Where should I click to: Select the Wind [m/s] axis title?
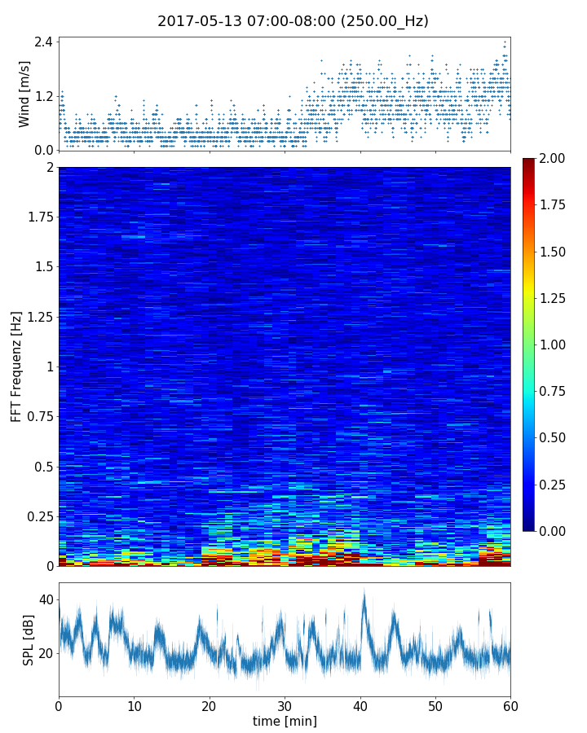coord(24,94)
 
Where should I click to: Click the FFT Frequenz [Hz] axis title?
coord(16,366)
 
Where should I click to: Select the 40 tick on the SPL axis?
coord(46,600)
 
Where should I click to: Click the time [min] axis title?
coord(285,721)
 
